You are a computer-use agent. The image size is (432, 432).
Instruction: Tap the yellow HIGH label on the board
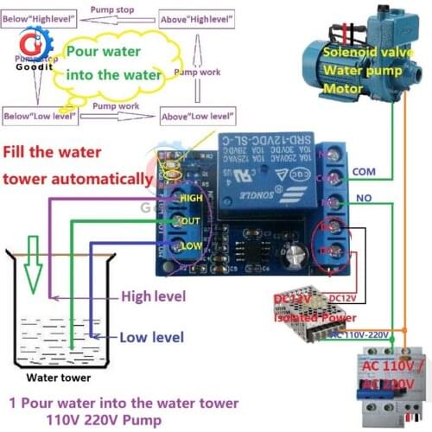point(190,197)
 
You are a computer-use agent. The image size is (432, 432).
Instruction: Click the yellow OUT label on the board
point(189,221)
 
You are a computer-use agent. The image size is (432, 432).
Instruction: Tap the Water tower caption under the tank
point(57,377)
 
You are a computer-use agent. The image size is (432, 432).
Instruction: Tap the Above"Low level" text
point(200,115)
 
